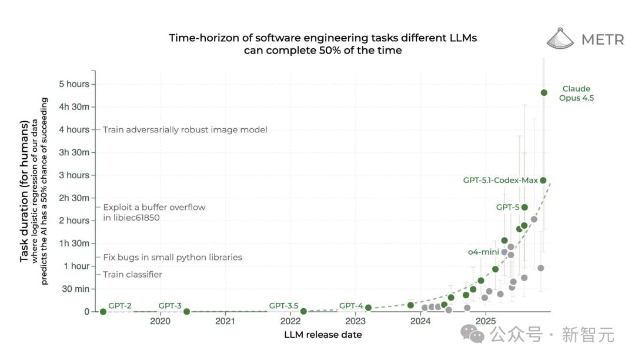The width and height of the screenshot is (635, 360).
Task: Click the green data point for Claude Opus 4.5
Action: tap(544, 92)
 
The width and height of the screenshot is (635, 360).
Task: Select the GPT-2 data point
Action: tap(103, 312)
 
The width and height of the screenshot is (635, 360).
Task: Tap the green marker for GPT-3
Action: tap(186, 312)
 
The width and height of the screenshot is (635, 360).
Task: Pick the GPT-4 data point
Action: tap(368, 308)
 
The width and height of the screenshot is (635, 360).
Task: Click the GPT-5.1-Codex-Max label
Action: tap(500, 180)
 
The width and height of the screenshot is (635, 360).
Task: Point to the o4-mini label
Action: tap(483, 252)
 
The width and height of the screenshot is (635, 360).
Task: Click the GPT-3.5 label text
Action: tap(284, 305)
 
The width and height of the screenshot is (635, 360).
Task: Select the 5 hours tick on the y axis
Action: tap(74, 84)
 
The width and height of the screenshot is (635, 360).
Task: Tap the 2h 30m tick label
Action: tap(74, 198)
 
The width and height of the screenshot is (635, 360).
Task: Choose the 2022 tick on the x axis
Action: tap(290, 321)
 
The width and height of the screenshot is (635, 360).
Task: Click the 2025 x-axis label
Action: tap(486, 321)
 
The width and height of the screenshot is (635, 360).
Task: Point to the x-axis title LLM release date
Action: tap(323, 335)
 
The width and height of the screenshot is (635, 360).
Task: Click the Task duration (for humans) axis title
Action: tap(25, 191)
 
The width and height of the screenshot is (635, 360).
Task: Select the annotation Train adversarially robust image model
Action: tap(185, 129)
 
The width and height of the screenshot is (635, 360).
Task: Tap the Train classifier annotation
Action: tap(132, 275)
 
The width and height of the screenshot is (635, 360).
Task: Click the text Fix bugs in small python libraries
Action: tap(172, 257)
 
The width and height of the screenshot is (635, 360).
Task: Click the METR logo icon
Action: tap(560, 38)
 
